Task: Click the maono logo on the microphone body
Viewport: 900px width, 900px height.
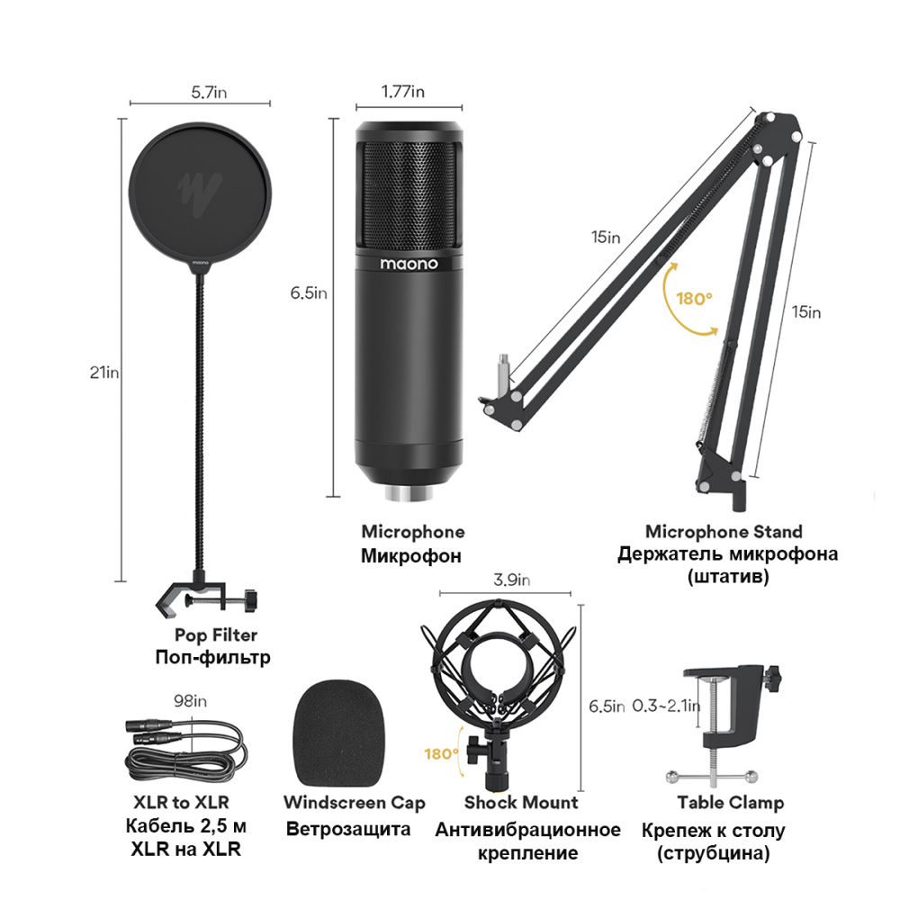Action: [x=409, y=264]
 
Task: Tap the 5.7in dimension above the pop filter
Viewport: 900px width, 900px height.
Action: [x=209, y=92]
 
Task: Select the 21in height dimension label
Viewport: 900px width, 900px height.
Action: [x=104, y=373]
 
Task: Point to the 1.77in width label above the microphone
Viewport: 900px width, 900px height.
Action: [x=403, y=91]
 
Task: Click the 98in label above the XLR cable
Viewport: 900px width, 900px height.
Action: [x=191, y=701]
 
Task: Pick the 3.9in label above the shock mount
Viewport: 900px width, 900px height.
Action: [x=511, y=580]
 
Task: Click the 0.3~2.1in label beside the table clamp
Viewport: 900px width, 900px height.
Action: [x=666, y=706]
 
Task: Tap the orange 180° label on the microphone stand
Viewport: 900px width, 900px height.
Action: [x=694, y=299]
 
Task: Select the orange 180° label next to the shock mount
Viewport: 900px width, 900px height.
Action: [x=441, y=753]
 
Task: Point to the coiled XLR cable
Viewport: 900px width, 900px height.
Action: [x=186, y=751]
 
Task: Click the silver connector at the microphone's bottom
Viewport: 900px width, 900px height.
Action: [x=409, y=493]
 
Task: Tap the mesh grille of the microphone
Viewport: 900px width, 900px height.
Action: [x=409, y=193]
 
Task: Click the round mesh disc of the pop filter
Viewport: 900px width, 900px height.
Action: [x=200, y=196]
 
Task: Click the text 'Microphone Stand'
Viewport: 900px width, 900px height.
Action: [x=724, y=532]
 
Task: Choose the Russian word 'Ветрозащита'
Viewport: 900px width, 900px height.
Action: [x=348, y=830]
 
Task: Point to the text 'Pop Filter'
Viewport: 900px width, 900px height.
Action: [x=216, y=634]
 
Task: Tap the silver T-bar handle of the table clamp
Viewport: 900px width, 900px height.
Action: [x=712, y=778]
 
